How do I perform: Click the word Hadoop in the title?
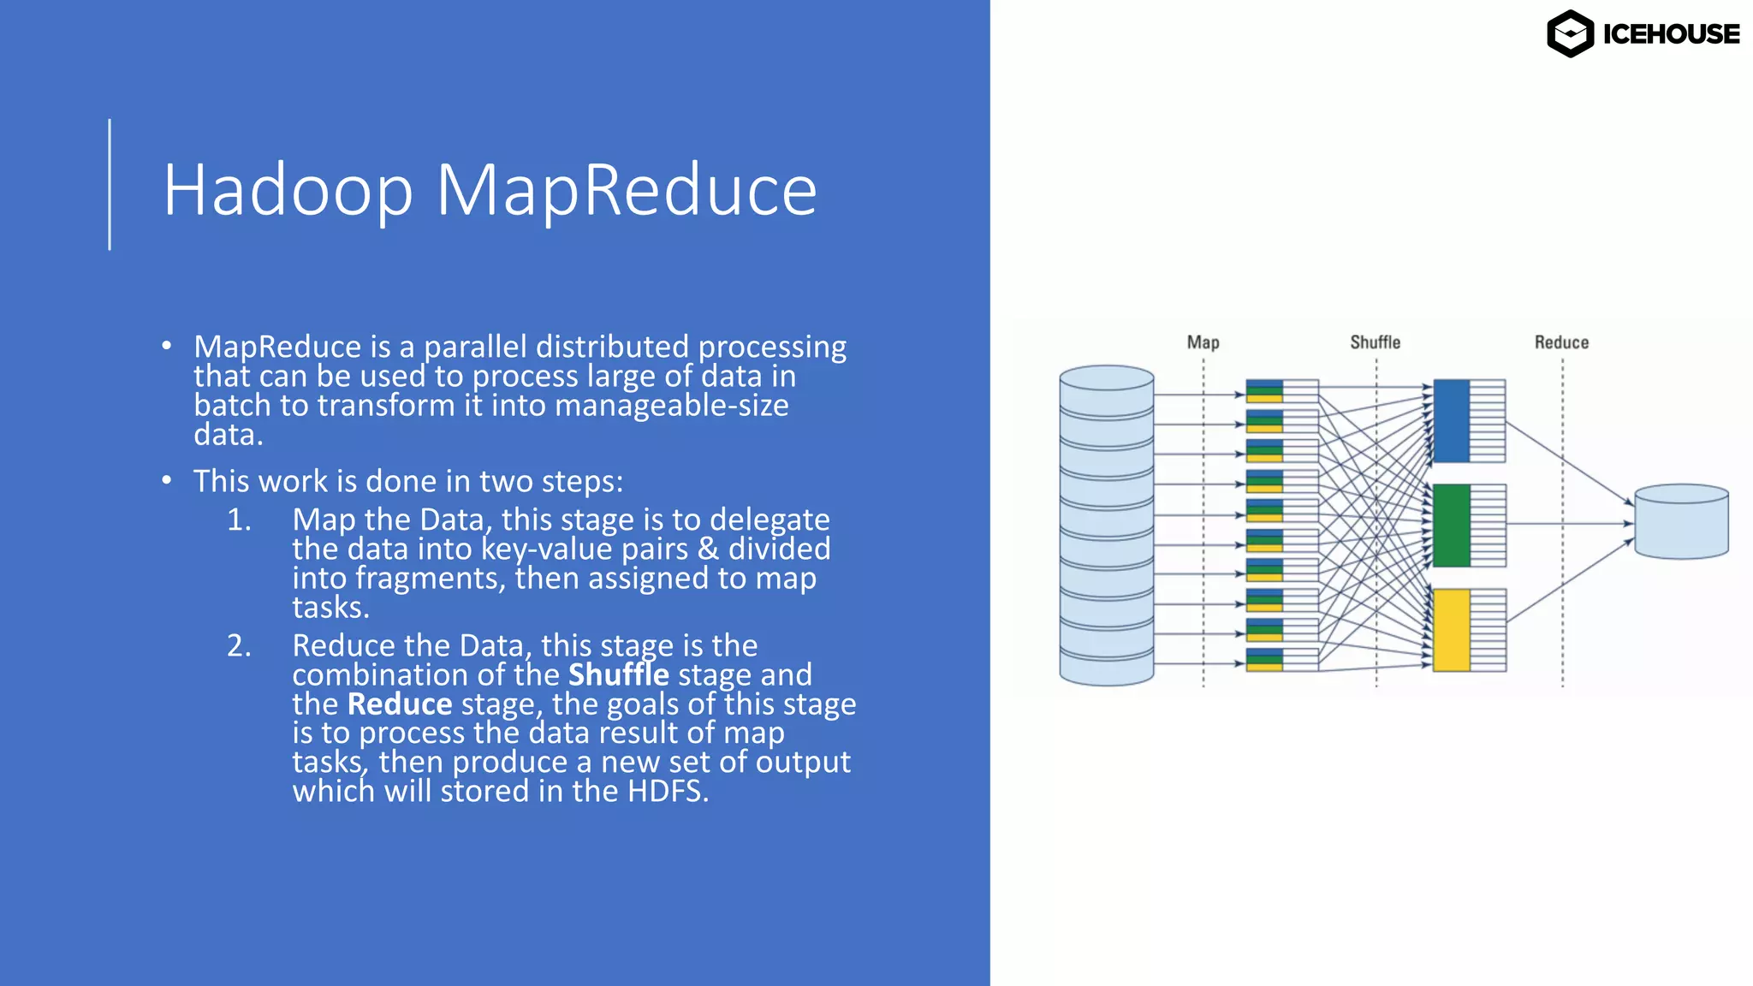[x=288, y=190]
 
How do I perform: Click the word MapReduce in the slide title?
[x=627, y=190]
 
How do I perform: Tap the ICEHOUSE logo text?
[x=1670, y=34]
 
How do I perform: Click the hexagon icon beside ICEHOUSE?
[x=1570, y=34]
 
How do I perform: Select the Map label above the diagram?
[x=1203, y=342]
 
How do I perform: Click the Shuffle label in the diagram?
[x=1375, y=342]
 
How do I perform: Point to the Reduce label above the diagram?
[x=1561, y=342]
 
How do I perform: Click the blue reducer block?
[x=1451, y=421]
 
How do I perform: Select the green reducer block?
[x=1451, y=526]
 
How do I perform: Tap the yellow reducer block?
[x=1451, y=630]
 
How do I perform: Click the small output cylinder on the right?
[x=1681, y=522]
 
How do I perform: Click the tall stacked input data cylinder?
[x=1106, y=526]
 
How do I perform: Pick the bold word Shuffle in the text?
[x=618, y=675]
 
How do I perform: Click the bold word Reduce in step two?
[x=399, y=704]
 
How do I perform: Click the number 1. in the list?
[x=239, y=520]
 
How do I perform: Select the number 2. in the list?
[x=239, y=646]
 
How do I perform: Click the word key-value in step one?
[x=546, y=549]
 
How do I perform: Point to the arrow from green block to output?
[x=1566, y=523]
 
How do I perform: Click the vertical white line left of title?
[x=110, y=184]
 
